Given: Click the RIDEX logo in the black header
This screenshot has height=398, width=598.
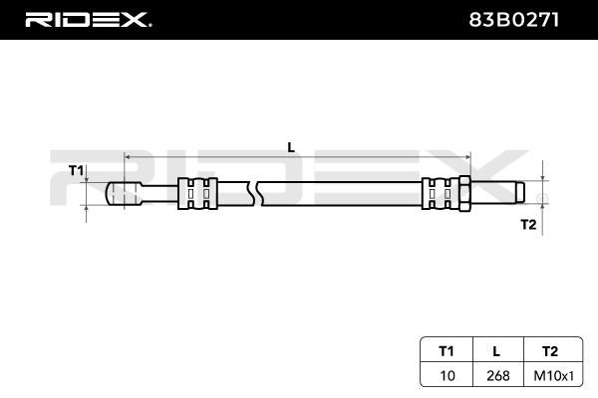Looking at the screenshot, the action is coord(88,20).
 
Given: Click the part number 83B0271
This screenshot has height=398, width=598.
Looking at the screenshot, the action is coord(513,20).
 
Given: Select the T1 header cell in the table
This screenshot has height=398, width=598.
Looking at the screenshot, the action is coord(447,351).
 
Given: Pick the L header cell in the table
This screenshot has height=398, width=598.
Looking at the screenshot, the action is coord(496,351).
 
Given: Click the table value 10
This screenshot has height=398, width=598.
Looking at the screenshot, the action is coord(448,376).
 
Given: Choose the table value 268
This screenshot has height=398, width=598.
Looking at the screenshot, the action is coord(498,376).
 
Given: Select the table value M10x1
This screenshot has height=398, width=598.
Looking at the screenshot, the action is coord(554,376).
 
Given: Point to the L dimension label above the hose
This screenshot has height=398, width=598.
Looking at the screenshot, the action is coord(291,147).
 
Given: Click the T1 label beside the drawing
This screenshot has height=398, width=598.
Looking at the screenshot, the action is coord(76,170).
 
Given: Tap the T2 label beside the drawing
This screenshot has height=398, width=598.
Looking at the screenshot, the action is coord(528,225).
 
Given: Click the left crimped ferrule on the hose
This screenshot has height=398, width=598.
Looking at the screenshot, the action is coord(197,193).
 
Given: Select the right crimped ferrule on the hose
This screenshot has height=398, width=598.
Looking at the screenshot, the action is coord(441,193).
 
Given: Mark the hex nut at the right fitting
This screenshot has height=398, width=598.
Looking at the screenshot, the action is coord(464,193).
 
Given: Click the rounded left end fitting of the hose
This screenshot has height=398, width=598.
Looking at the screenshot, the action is coord(124,193).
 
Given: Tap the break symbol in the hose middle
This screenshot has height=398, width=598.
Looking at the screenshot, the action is coord(255,193).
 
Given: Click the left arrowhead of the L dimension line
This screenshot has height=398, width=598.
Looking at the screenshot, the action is coord(128,157).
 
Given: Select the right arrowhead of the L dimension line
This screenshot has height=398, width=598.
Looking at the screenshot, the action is coord(467,157).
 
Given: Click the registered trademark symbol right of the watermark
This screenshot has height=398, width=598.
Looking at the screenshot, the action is coord(542,199).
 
